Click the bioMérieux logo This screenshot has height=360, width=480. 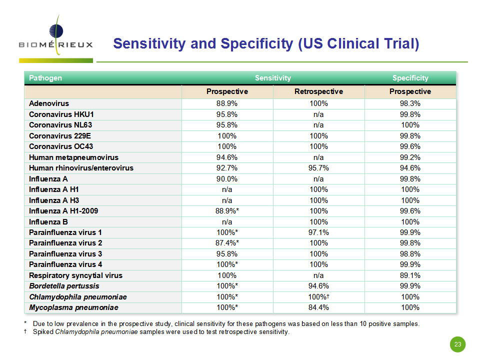[55, 38]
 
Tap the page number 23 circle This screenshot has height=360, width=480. [457, 344]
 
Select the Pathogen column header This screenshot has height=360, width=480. [45, 78]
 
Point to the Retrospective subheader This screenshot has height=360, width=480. [318, 91]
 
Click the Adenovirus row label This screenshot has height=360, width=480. [49, 103]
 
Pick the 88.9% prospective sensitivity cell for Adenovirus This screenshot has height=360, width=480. [227, 103]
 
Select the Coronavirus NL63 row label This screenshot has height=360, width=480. [60, 125]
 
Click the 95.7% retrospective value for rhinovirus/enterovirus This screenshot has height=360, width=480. [318, 168]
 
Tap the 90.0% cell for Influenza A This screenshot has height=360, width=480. [227, 179]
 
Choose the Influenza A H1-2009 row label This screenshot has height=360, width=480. [63, 211]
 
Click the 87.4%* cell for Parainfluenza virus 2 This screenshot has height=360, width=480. [227, 243]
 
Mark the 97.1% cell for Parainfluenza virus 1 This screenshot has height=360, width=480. [318, 232]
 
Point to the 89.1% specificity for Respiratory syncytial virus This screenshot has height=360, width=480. [410, 275]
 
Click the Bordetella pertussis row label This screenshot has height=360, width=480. [64, 286]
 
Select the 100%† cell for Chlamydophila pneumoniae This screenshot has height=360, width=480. [318, 297]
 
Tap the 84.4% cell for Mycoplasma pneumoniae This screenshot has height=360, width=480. [318, 307]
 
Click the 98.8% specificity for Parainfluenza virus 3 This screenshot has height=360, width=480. [410, 254]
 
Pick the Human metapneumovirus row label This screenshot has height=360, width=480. [73, 157]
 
